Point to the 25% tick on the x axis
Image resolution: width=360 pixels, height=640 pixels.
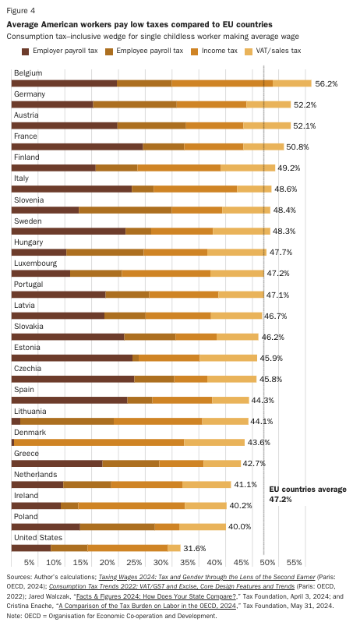pos(134,561)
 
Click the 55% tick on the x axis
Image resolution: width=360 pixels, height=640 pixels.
pos(294,561)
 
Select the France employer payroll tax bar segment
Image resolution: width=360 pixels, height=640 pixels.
pos(77,147)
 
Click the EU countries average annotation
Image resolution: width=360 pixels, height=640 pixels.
pos(307,494)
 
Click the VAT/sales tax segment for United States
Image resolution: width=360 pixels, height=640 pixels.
pos(174,548)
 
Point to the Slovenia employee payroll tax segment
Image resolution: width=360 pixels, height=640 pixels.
pos(125,210)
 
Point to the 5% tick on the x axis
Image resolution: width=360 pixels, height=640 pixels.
pos(30,561)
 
